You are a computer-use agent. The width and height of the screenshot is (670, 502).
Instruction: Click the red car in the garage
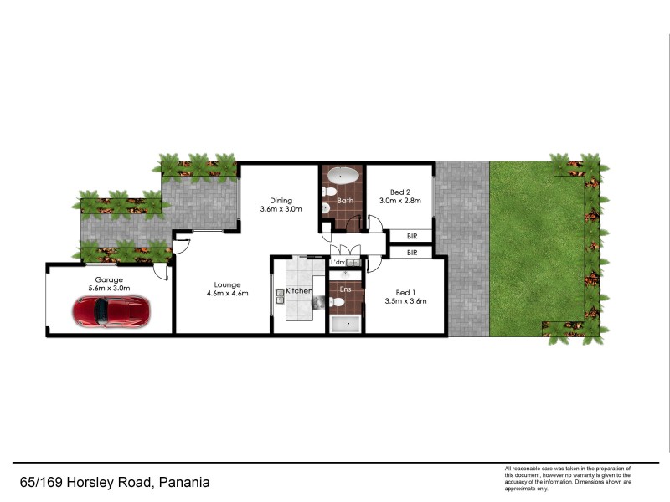coord(110,311)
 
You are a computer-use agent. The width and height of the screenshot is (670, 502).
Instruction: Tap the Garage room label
coord(109,279)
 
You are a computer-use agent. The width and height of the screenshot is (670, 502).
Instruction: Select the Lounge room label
coord(226,284)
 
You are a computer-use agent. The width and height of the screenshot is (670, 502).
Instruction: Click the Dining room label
coord(281,200)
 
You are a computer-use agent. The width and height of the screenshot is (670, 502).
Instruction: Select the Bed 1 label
coord(405,291)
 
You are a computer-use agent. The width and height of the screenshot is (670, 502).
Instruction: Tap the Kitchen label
coord(299,290)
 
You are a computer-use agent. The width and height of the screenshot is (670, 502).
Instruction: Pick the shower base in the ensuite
coord(345,325)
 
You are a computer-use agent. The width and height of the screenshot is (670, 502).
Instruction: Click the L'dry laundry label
coord(338,263)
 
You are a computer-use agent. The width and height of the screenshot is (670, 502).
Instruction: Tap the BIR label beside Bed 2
coord(412,237)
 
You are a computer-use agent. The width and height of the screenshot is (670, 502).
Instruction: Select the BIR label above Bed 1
coord(412,252)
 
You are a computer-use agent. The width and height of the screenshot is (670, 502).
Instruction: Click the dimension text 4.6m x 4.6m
coord(226,294)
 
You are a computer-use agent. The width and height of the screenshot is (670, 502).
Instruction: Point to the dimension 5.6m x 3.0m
coord(109,288)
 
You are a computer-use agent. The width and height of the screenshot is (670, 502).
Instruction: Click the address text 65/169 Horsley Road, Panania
coord(115,482)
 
